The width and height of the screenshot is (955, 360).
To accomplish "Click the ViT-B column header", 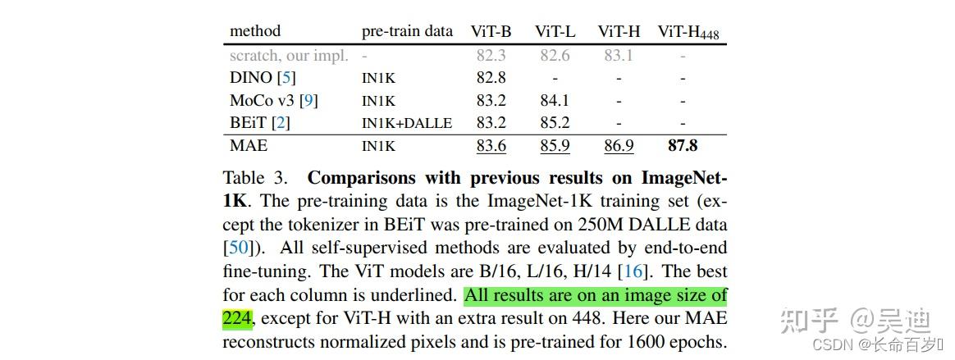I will pyautogui.click(x=491, y=31).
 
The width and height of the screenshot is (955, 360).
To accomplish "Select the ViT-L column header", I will pyautogui.click(x=555, y=31).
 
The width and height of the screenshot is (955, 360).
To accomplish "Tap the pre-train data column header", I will pyautogui.click(x=407, y=31).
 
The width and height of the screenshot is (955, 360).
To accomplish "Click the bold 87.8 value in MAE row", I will pyautogui.click(x=683, y=146).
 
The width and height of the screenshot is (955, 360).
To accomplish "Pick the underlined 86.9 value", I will pyautogui.click(x=619, y=146).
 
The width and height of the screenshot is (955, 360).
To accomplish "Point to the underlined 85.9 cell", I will pyautogui.click(x=555, y=146).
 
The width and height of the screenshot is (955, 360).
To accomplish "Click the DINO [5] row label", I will pyautogui.click(x=263, y=78).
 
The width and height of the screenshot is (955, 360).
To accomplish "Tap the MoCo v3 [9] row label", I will pyautogui.click(x=273, y=101).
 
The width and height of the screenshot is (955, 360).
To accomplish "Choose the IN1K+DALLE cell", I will pyautogui.click(x=407, y=124).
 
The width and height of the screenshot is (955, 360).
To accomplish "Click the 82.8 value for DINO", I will pyautogui.click(x=491, y=78).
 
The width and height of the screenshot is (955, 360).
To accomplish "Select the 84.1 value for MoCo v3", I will pyautogui.click(x=555, y=101).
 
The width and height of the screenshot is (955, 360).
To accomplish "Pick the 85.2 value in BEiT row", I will pyautogui.click(x=555, y=124).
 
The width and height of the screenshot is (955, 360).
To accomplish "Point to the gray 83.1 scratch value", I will pyautogui.click(x=619, y=56).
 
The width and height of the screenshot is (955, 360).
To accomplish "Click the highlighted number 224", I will pyautogui.click(x=237, y=317).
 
